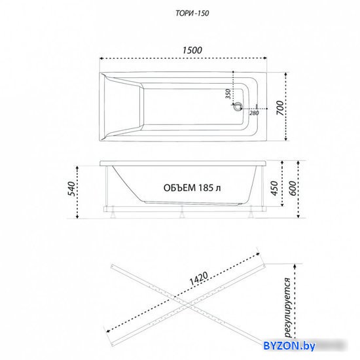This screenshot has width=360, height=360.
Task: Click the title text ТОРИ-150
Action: pyautogui.click(x=192, y=13)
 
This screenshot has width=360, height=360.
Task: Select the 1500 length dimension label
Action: pyautogui.click(x=192, y=50)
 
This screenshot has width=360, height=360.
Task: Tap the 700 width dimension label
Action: pyautogui.click(x=280, y=108)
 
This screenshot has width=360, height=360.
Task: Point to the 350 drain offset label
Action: pyautogui.click(x=228, y=94)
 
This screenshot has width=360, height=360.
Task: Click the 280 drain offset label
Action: pyautogui.click(x=254, y=113)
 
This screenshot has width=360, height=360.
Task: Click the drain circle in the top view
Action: pyautogui.click(x=238, y=106)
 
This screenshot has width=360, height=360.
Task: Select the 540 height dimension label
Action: pyautogui.click(x=72, y=189)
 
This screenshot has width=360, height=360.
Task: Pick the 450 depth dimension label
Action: pyautogui.click(x=274, y=189)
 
